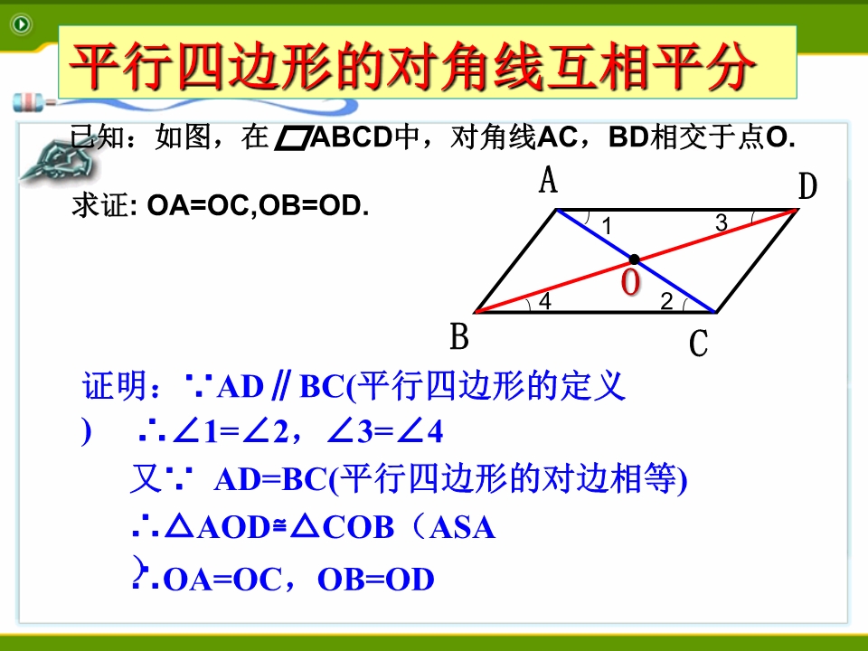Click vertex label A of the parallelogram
[548, 180]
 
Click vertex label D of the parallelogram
[807, 186]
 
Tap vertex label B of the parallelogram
[459, 336]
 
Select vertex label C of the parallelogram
[699, 344]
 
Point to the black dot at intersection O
[635, 259]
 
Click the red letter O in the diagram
[630, 282]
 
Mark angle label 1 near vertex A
[607, 226]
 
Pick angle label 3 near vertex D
[721, 222]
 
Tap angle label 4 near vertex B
[545, 301]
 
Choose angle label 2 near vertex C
[666, 301]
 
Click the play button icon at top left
[22, 24]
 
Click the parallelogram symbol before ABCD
[292, 138]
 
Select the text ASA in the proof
[462, 527]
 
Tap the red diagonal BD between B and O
[555, 286]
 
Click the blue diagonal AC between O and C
[675, 286]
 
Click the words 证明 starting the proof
[115, 386]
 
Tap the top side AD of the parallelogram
[677, 210]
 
